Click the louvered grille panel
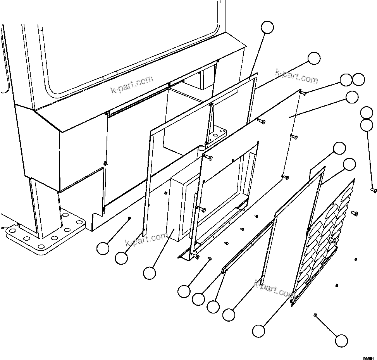click(x=325, y=240)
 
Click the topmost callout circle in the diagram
click(x=267, y=28)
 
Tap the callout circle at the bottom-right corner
click(x=341, y=340)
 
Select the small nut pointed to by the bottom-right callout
click(x=316, y=315)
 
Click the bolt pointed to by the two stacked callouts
click(x=374, y=190)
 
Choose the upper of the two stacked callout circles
click(x=367, y=113)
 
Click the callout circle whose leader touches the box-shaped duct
click(x=149, y=273)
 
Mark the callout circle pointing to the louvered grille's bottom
click(x=259, y=331)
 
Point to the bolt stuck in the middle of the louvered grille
click(x=333, y=241)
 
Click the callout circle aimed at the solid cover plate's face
click(x=352, y=97)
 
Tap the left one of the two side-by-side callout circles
click(x=346, y=80)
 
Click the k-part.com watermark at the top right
click(x=296, y=76)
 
